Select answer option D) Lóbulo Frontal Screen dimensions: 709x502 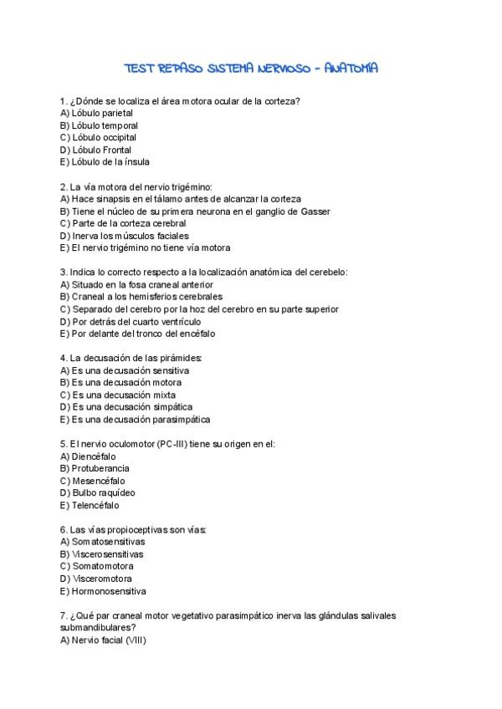pos(96,150)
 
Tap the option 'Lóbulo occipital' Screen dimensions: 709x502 pos(99,137)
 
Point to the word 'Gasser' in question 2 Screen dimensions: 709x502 pos(315,212)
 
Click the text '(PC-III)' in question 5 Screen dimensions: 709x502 pos(173,444)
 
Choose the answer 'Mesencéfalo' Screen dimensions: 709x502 pos(93,481)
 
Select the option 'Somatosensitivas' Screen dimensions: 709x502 pos(102,541)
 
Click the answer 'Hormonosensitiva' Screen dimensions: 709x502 pos(103,590)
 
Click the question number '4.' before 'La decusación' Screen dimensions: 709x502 pos(64,358)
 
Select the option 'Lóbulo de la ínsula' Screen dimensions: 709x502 pos(105,162)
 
